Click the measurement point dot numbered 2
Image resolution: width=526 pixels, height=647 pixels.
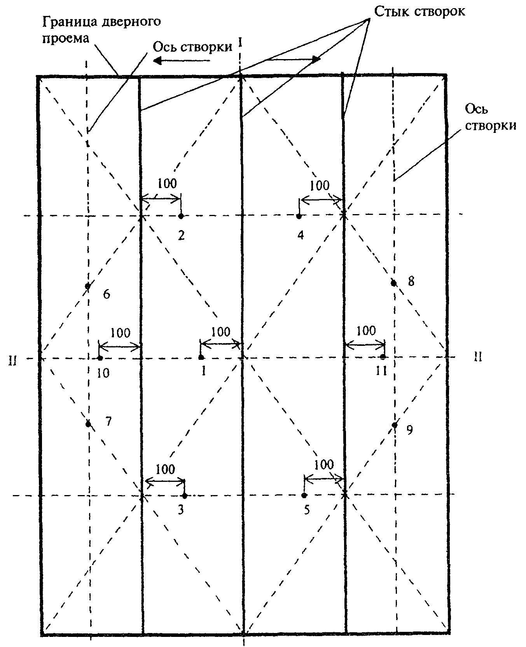(x=181, y=216)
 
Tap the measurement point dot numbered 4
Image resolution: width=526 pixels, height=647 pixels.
(x=299, y=216)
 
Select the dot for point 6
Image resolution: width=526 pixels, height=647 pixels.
(x=88, y=286)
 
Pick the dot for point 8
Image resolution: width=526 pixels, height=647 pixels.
(x=393, y=283)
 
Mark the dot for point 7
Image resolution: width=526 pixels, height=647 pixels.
(x=88, y=424)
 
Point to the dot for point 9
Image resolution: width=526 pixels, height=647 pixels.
(x=395, y=425)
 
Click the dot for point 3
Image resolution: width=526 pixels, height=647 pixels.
(x=185, y=495)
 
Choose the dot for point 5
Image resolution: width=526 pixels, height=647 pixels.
(x=304, y=495)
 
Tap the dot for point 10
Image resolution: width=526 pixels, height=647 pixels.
(x=100, y=358)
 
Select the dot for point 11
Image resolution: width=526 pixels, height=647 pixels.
(x=383, y=357)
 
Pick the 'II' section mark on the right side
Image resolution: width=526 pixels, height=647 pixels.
(x=478, y=356)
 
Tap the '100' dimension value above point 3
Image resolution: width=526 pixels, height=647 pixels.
(x=165, y=469)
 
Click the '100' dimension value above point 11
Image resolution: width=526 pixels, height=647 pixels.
(x=366, y=331)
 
